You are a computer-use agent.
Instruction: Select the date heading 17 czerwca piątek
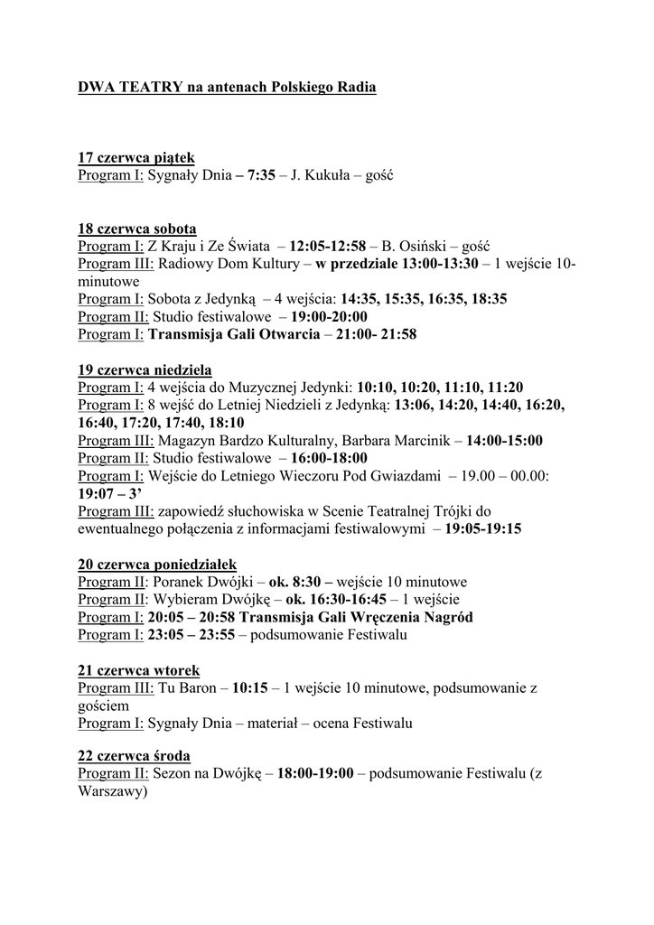[x=136, y=158]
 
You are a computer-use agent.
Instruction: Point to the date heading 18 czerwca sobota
[x=137, y=229]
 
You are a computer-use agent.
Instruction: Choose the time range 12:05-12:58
[x=327, y=246]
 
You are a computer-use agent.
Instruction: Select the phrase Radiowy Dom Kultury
[x=231, y=264]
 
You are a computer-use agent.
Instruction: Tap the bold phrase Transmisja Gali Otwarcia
[x=233, y=334]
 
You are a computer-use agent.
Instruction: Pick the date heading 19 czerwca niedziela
[x=145, y=369]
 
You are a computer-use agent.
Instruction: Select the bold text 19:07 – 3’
[x=110, y=493]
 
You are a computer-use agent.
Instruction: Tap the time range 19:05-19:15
[x=482, y=528]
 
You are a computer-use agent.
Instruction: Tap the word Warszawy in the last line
[x=110, y=791]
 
